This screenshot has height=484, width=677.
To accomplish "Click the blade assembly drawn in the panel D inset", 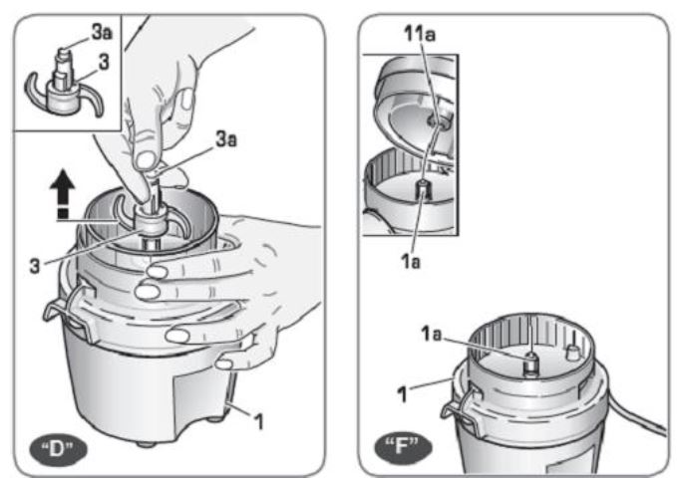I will click(62, 87).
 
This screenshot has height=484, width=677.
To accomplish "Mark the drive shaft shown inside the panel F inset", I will click(422, 191).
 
